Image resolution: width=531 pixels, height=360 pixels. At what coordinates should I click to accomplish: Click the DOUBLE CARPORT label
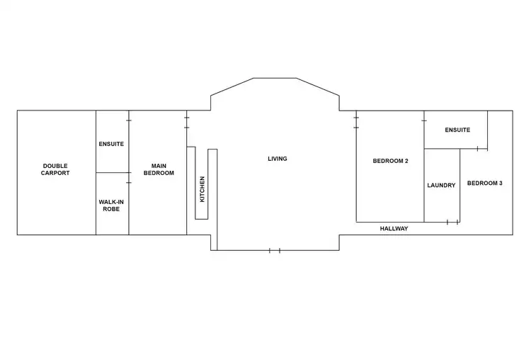(56, 169)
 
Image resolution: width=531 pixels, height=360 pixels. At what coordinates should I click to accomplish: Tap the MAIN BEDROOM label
(159, 169)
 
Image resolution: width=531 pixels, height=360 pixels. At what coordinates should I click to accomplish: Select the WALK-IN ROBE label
(111, 206)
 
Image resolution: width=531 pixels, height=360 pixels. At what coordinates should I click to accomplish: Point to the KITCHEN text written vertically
(202, 189)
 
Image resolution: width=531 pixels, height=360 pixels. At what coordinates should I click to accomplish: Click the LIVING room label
(278, 159)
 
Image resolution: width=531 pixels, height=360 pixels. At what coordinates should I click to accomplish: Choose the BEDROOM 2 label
(391, 161)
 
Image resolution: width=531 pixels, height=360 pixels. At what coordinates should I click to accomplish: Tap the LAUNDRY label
(441, 186)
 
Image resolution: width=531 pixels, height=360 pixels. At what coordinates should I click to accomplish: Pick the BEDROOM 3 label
(485, 184)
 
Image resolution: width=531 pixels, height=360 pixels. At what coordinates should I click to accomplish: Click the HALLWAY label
(394, 229)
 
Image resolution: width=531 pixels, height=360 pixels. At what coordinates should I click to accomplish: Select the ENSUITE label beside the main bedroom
(111, 144)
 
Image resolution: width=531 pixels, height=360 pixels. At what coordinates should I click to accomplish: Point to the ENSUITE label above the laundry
(457, 130)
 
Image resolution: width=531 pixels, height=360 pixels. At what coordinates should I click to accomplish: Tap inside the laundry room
(442, 202)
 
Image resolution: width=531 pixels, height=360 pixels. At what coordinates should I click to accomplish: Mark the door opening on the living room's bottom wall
(275, 250)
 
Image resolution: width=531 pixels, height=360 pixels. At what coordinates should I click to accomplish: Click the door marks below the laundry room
(452, 222)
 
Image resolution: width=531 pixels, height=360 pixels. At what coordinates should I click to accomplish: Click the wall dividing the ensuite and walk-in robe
(112, 172)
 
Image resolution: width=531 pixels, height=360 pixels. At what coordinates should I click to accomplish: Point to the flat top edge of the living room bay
(275, 78)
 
